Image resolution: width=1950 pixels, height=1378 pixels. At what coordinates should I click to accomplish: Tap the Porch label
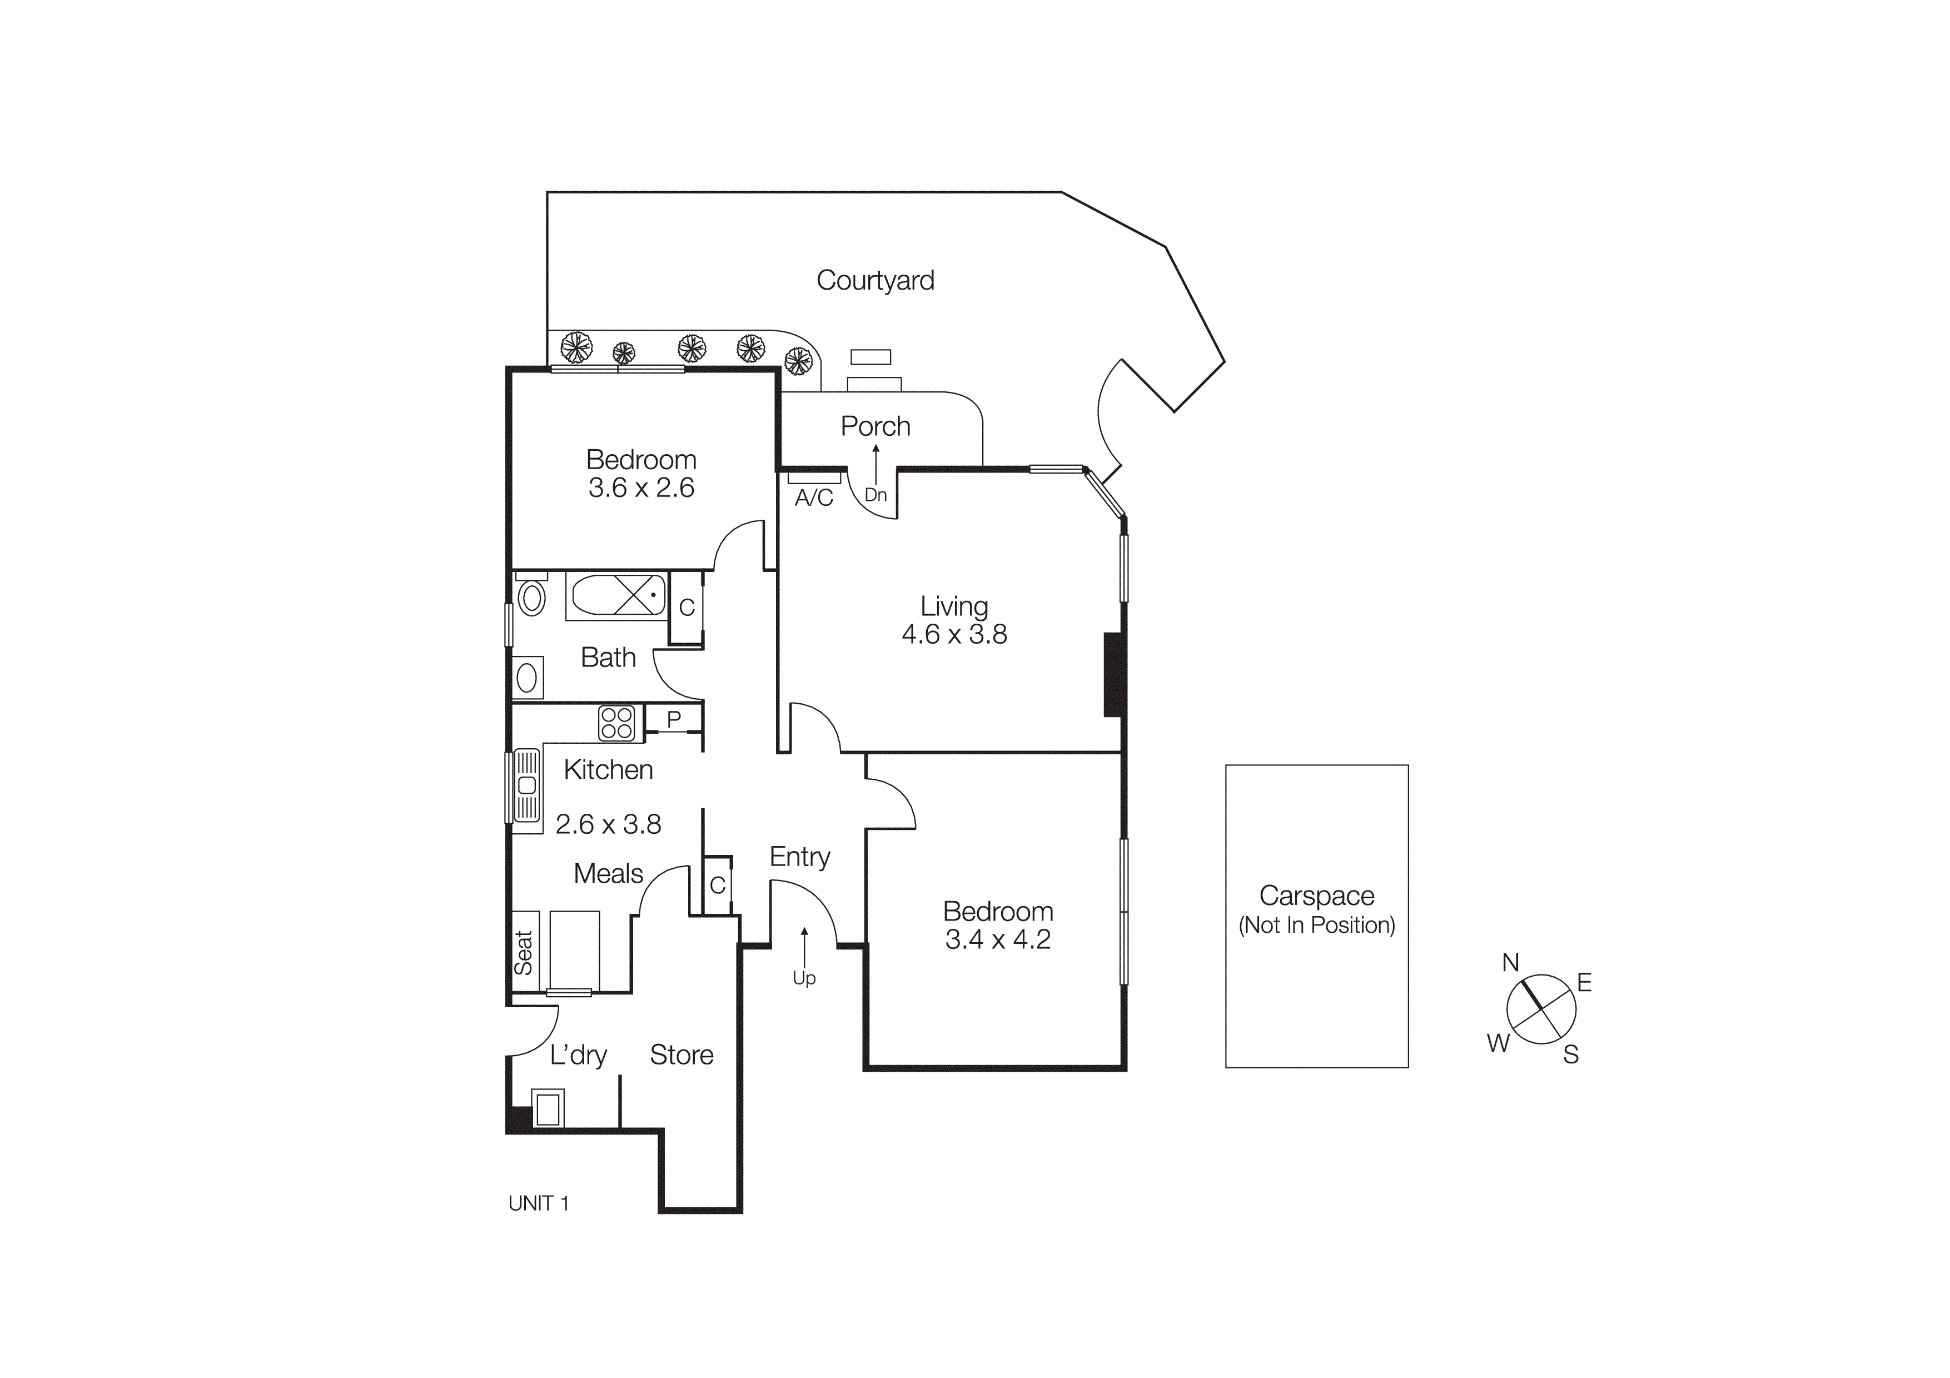875,426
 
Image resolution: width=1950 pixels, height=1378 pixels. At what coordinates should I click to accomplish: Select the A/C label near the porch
814,499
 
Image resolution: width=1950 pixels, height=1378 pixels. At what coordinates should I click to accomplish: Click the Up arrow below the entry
804,948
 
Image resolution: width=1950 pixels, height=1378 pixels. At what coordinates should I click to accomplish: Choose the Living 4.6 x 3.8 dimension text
954,634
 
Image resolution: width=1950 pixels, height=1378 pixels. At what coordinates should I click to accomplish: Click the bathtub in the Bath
618,595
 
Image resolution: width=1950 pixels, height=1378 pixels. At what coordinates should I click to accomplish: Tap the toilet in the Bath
531,598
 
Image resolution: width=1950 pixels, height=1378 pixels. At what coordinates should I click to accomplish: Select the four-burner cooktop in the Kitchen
616,723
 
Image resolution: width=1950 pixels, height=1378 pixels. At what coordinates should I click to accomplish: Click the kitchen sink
526,785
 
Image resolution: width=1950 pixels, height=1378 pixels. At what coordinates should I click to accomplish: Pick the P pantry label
674,719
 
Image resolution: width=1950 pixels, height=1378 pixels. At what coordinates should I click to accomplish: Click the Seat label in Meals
524,953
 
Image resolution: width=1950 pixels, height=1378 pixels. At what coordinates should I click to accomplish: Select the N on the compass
1510,962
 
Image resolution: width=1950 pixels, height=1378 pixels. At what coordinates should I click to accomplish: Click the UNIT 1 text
539,1204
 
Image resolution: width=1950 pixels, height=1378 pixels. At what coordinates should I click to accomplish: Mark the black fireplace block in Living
1113,675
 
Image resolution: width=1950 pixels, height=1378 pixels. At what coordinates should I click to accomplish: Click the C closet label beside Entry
718,885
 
